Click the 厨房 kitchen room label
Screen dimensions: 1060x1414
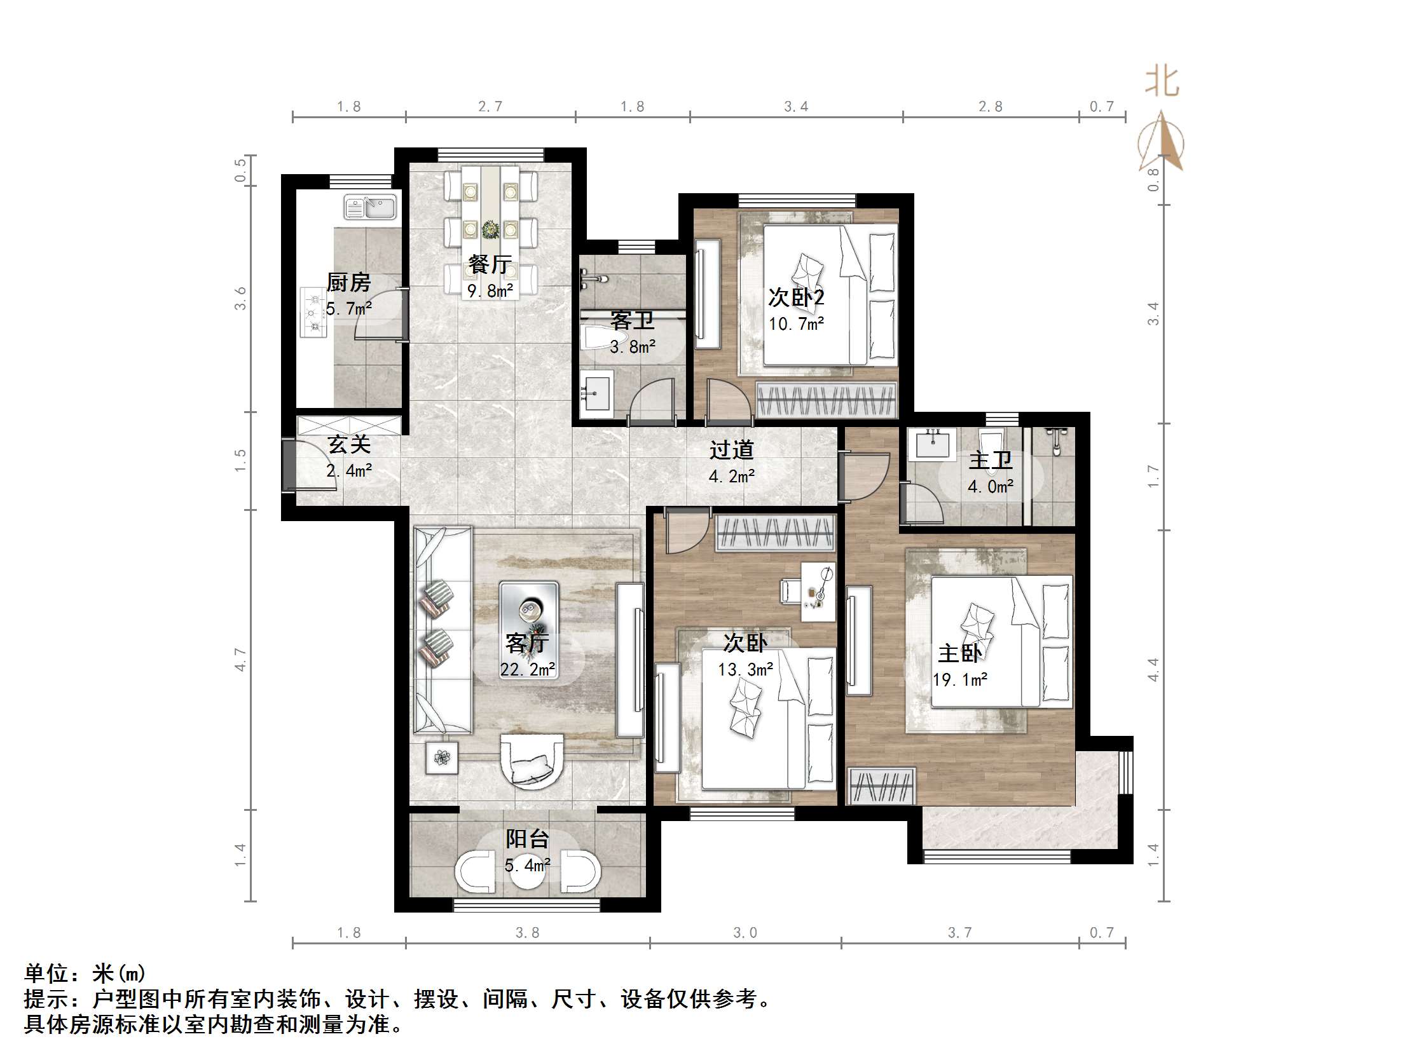point(348,282)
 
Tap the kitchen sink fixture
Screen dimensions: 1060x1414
point(370,208)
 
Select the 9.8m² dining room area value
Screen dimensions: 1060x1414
point(490,292)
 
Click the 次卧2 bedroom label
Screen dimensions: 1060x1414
point(796,297)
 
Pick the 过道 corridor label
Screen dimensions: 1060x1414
point(731,450)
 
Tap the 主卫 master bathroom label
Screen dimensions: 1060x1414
point(990,460)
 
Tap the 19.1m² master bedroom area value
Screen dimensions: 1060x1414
point(959,680)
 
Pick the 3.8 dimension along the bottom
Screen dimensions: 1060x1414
point(527,933)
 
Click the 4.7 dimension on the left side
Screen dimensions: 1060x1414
point(240,659)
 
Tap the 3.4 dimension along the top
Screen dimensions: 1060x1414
point(796,107)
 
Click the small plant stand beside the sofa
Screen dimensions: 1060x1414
point(442,758)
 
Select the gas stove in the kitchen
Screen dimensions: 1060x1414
point(313,313)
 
